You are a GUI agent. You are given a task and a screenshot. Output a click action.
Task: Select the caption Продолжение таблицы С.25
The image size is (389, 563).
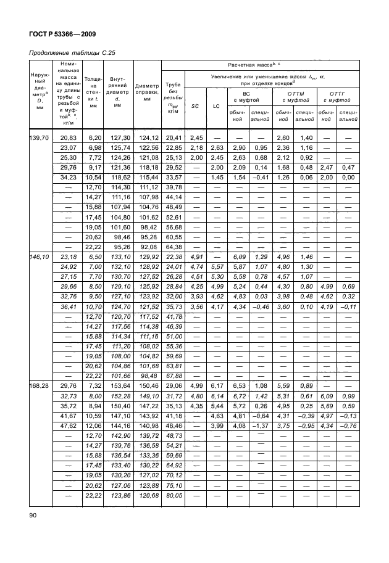[x=73, y=52]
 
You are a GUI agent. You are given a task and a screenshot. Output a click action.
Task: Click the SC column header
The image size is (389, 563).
[x=194, y=106]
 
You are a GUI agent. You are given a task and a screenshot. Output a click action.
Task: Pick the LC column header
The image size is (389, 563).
[x=217, y=106]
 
